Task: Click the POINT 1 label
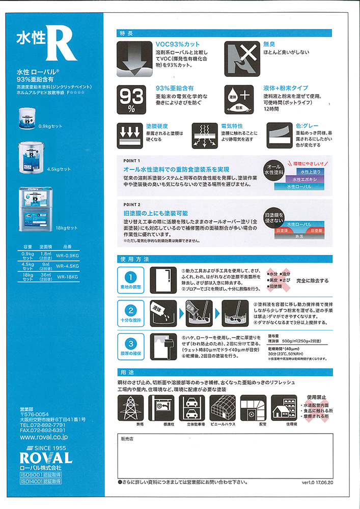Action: pos(132,161)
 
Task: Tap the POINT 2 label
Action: pos(132,205)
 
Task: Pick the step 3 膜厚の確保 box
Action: pos(130,348)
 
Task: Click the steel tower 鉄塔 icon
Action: pos(130,408)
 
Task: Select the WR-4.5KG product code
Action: pos(66,266)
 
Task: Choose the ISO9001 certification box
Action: pos(41,474)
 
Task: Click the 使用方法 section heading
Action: pos(134,259)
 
